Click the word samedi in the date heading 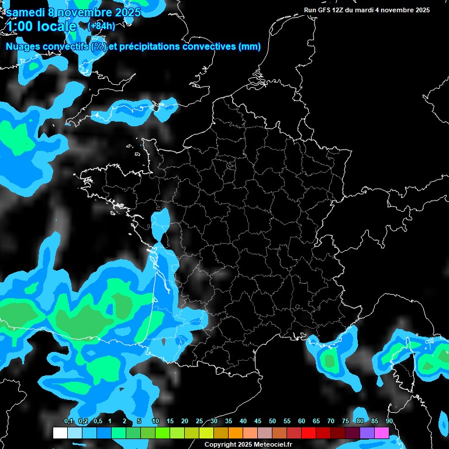click(26, 12)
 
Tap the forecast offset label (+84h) click(101, 26)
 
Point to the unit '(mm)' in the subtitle click(250, 47)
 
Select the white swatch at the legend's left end click(60, 433)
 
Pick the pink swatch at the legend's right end click(382, 433)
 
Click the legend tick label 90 click(389, 422)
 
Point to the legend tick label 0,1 click(68, 422)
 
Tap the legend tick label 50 click(272, 422)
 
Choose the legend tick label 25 click(199, 422)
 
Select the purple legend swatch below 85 click(367, 433)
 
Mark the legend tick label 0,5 click(97, 422)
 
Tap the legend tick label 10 click(156, 422)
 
